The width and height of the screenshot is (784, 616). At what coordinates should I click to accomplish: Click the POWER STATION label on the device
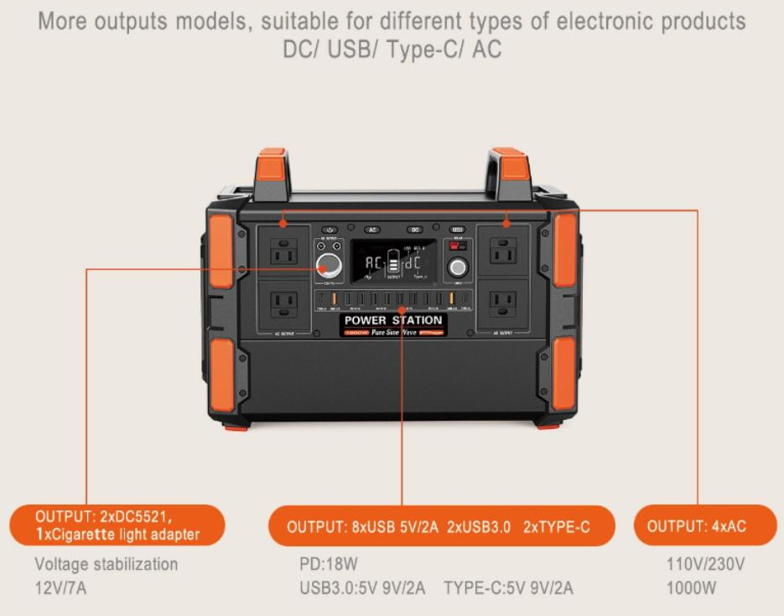pyautogui.click(x=393, y=321)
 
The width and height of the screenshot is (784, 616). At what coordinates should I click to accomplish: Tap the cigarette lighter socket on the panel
pyautogui.click(x=328, y=267)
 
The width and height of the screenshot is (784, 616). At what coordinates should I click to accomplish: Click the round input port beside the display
pyautogui.click(x=458, y=268)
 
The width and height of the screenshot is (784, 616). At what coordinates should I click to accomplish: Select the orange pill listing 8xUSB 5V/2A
pyautogui.click(x=439, y=526)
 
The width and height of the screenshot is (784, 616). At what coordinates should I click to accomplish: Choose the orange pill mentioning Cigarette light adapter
pyautogui.click(x=117, y=525)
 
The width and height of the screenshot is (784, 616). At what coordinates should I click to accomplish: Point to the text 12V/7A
pyautogui.click(x=60, y=588)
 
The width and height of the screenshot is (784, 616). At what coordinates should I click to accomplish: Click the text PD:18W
pyautogui.click(x=322, y=564)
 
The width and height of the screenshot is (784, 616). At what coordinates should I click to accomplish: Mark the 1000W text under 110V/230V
pyautogui.click(x=692, y=588)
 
